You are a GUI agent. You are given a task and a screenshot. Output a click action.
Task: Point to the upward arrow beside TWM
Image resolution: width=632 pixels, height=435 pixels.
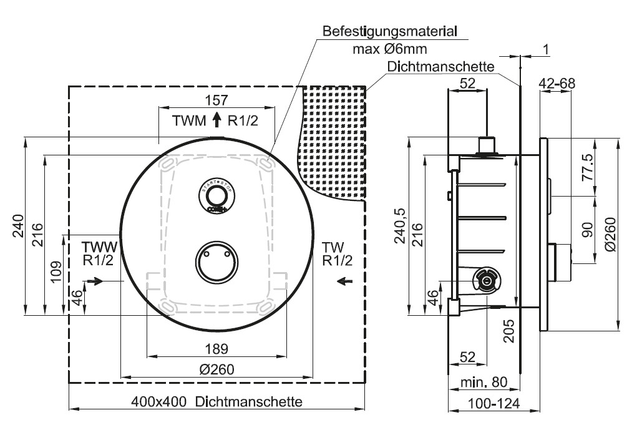217,120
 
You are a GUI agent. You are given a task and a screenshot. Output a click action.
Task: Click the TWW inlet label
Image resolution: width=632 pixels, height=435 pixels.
99,246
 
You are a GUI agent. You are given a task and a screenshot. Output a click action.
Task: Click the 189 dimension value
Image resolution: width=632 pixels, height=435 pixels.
216,348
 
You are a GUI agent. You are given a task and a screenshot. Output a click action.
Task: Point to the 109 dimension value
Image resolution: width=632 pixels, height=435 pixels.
55,271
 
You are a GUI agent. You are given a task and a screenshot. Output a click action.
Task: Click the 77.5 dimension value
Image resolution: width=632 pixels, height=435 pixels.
586,167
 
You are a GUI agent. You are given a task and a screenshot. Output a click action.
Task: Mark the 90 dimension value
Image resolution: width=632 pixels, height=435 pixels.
586,229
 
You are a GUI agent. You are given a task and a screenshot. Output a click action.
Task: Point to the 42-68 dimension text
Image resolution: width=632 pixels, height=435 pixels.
557,83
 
